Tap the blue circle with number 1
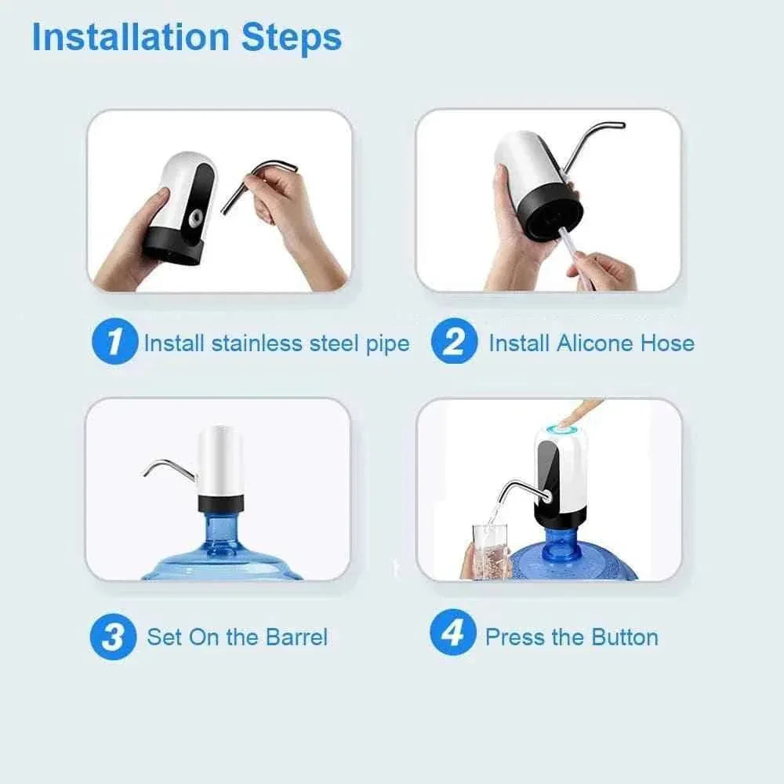114,343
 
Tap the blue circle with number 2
453,343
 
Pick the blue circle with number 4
452,633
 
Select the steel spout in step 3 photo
169,466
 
